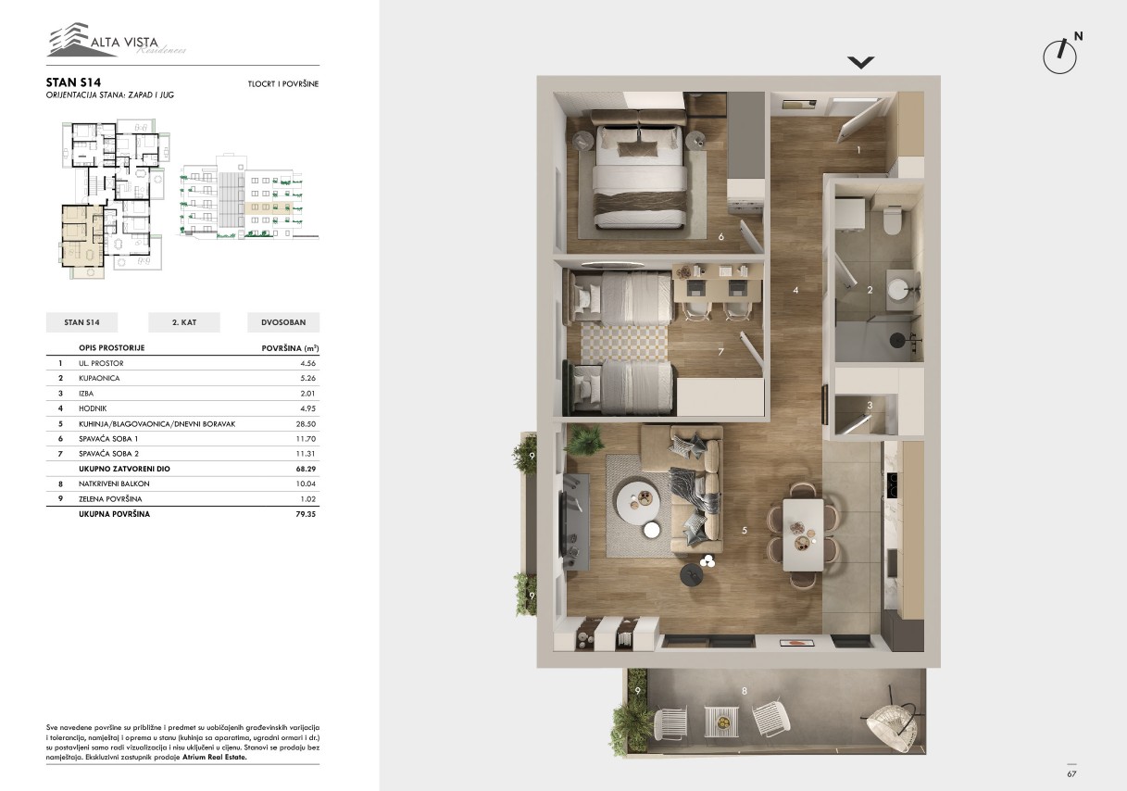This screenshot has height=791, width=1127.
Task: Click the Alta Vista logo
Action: pyautogui.click(x=117, y=39)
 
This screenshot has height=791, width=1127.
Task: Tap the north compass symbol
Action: pyautogui.click(x=1060, y=56)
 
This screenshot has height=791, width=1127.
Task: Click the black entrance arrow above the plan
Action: pyautogui.click(x=860, y=62)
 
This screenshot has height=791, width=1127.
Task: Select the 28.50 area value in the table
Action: pyautogui.click(x=306, y=424)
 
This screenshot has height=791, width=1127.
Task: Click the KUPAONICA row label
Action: pyautogui.click(x=99, y=379)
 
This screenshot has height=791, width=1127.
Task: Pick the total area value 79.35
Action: pyautogui.click(x=306, y=514)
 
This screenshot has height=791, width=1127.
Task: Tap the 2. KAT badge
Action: pyautogui.click(x=184, y=322)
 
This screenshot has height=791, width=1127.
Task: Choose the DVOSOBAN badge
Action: pyautogui.click(x=283, y=322)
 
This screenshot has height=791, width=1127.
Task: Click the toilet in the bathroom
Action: pyautogui.click(x=893, y=220)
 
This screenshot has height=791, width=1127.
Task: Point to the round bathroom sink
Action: pyautogui.click(x=898, y=289)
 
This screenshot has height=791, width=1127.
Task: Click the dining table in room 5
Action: pyautogui.click(x=803, y=534)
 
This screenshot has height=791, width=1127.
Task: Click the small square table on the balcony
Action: pyautogui.click(x=721, y=722)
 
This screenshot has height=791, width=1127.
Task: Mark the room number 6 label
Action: pyautogui.click(x=721, y=236)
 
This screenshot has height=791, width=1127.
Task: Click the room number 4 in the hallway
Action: pyautogui.click(x=795, y=290)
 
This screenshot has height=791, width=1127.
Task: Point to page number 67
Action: pyautogui.click(x=1071, y=774)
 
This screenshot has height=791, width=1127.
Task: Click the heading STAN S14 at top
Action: pyautogui.click(x=73, y=82)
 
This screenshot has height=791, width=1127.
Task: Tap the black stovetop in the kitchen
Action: pyautogui.click(x=891, y=485)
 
